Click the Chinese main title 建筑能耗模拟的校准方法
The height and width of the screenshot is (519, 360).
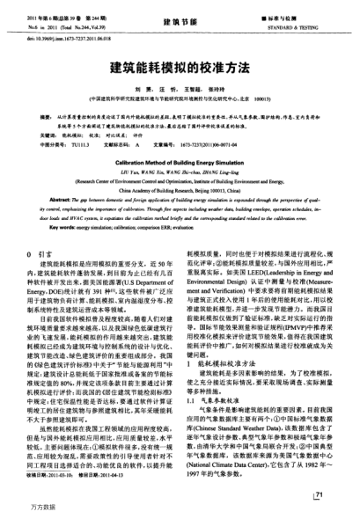[x=180, y=66]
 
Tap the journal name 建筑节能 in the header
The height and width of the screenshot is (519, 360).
[x=179, y=18]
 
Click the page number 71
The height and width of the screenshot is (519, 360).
[x=319, y=496]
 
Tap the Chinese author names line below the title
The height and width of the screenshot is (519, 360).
[x=180, y=88]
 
